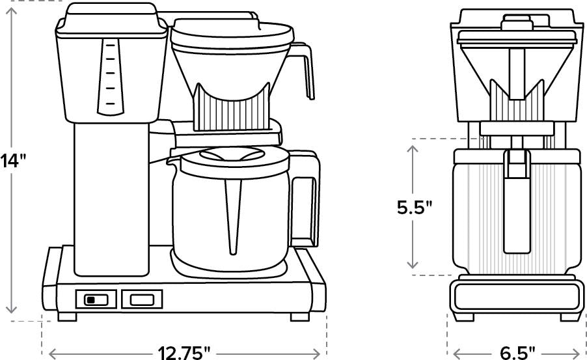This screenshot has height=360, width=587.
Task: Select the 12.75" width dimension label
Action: click(x=184, y=352)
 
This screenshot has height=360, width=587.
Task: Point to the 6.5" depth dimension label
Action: click(x=517, y=352)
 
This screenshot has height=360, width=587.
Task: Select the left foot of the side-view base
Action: click(x=68, y=317)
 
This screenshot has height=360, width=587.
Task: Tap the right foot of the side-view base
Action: click(x=299, y=317)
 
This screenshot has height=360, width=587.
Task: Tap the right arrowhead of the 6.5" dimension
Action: click(x=579, y=352)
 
